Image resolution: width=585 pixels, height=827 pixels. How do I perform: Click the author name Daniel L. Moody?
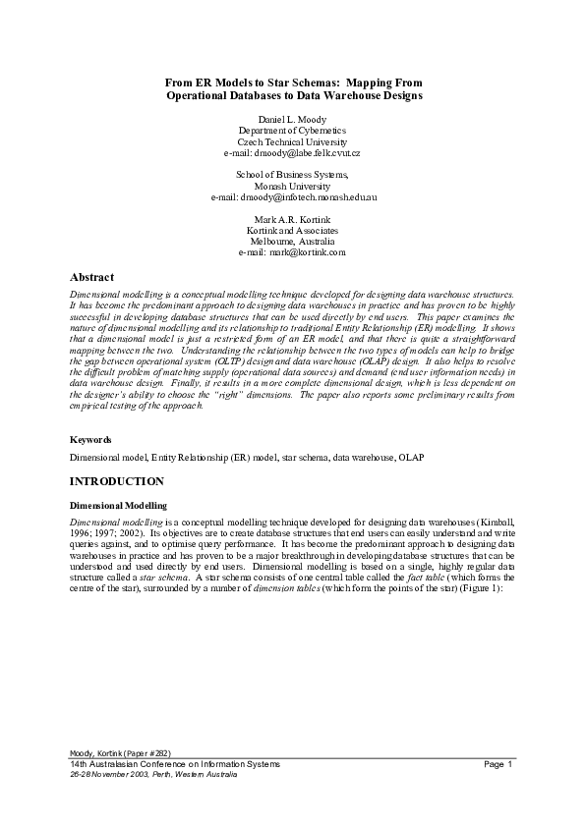tap(293, 118)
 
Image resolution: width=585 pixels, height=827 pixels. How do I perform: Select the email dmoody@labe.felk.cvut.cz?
tap(293, 153)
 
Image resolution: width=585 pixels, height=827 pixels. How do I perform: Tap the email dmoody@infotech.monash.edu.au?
tap(294, 197)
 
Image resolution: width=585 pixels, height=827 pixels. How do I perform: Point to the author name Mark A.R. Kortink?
tap(293, 217)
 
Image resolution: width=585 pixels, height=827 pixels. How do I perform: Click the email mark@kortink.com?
tap(293, 252)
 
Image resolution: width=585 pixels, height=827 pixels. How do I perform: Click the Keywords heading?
tap(89, 440)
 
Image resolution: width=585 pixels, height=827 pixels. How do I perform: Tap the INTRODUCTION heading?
tap(116, 481)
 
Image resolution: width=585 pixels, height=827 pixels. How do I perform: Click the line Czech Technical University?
tap(293, 141)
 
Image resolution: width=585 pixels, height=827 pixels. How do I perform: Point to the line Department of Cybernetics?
tap(293, 130)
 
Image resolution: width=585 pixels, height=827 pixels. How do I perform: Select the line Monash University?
tap(293, 186)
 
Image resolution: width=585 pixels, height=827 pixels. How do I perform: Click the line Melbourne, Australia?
tap(293, 241)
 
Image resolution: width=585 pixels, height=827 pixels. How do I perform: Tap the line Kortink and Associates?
tap(293, 229)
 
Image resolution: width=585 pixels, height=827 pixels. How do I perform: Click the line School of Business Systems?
tap(293, 174)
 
